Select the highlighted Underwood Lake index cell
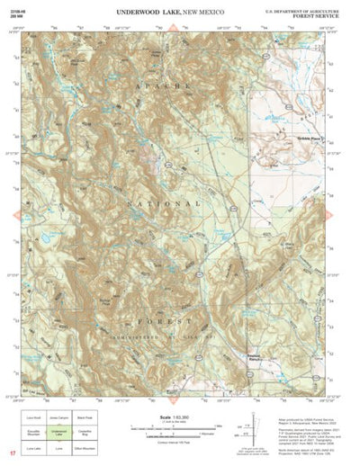58,433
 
